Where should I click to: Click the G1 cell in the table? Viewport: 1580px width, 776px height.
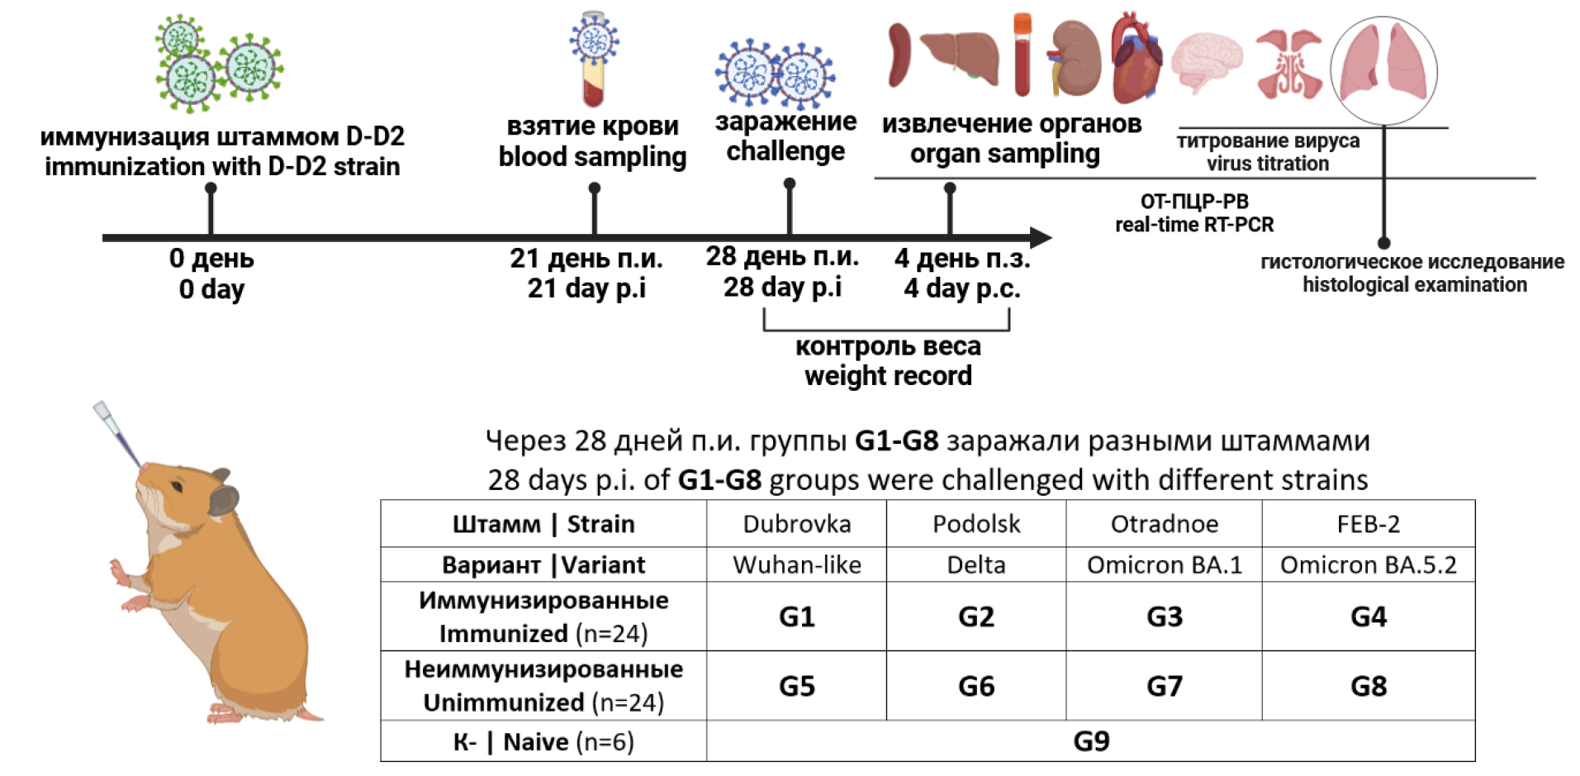796,617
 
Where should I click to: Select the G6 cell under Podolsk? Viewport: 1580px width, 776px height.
975,686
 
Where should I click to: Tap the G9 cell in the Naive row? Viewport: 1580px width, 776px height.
1090,741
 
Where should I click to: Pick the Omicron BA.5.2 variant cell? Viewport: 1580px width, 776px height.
1368,564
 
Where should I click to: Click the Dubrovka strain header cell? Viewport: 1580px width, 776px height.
796,524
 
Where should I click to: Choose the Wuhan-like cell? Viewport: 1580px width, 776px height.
796,564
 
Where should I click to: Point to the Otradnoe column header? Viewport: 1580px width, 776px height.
1164,524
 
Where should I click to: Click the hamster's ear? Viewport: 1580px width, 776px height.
223,497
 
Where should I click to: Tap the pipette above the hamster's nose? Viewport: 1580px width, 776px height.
116,432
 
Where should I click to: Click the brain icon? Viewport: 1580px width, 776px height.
1207,61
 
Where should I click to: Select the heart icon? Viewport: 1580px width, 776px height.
1136,58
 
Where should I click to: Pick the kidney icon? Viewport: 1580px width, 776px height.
1075,58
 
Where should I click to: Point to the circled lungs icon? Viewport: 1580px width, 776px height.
1383,69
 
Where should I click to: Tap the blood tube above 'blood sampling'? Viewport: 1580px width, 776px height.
593,60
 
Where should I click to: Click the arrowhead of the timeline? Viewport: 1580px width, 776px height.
1040,238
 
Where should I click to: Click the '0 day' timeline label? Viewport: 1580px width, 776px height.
211,289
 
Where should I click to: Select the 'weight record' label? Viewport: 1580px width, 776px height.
888,376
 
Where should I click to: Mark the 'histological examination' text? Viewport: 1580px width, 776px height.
1414,285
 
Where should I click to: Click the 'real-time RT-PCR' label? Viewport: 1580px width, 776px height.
1193,225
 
